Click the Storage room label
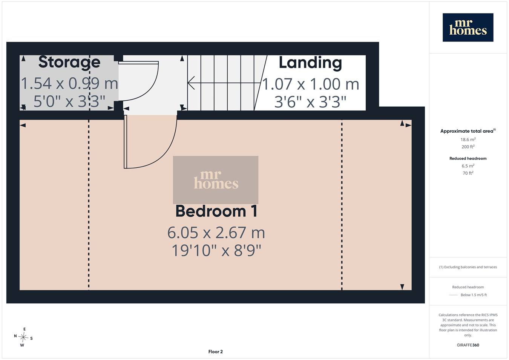pyautogui.click(x=69, y=62)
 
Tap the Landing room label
pyautogui.click(x=310, y=63)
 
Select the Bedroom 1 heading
pyautogui.click(x=216, y=211)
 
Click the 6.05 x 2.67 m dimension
pyautogui.click(x=216, y=233)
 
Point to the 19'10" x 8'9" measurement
pyautogui.click(x=216, y=250)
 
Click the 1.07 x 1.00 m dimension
pyautogui.click(x=311, y=84)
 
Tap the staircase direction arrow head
pyautogui.click(x=191, y=83)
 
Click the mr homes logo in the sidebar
pyautogui.click(x=468, y=28)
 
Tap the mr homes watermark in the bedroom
pyautogui.click(x=216, y=180)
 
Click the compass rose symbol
pyautogui.click(x=23, y=337)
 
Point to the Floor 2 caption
pyautogui.click(x=215, y=352)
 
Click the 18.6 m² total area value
pyautogui.click(x=468, y=139)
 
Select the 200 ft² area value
pyautogui.click(x=468, y=147)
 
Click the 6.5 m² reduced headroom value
pyautogui.click(x=468, y=166)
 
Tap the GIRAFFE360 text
pyautogui.click(x=468, y=345)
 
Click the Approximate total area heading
pyautogui.click(x=468, y=131)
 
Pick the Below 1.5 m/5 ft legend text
pyautogui.click(x=474, y=295)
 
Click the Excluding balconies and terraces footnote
pyautogui.click(x=468, y=267)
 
